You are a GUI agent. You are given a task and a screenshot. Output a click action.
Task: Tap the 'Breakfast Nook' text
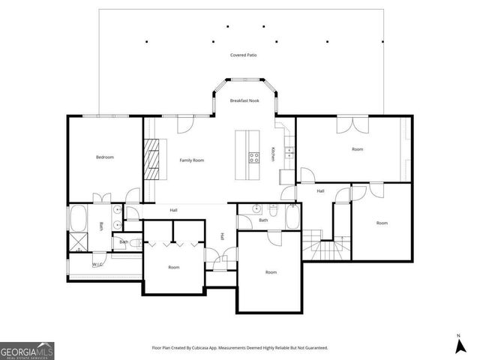(x=244, y=100)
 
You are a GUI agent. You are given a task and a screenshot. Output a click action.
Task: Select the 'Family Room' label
(x=192, y=160)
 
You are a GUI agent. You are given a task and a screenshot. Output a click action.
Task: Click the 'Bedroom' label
(x=104, y=157)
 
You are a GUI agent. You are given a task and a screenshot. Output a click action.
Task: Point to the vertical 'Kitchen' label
(x=273, y=154)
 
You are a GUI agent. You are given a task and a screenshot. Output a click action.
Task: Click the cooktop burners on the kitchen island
(x=254, y=157)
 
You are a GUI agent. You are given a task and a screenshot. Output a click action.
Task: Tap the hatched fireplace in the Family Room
(x=153, y=160)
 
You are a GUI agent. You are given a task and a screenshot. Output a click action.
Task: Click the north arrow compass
(x=458, y=344)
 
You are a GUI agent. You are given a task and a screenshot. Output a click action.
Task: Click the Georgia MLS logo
(x=27, y=350)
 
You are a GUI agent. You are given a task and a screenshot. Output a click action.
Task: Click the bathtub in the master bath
(x=78, y=218)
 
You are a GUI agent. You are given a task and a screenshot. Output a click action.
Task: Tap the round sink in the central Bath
(x=256, y=209)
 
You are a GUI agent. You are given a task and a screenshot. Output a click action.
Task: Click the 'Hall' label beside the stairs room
(x=320, y=191)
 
